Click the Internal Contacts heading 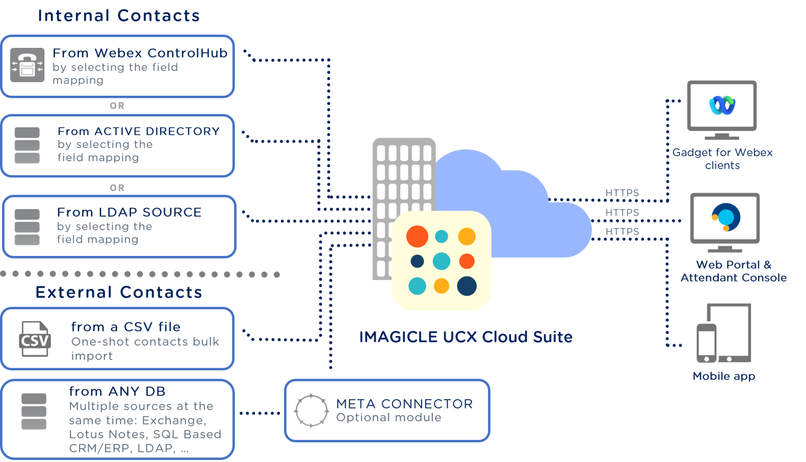[119, 16]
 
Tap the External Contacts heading [119, 292]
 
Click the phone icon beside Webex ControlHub [27, 65]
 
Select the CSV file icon [34, 339]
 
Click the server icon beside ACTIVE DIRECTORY [27, 146]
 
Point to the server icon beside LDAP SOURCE [27, 227]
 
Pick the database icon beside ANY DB [34, 412]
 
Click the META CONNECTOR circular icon [311, 411]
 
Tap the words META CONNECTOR [405, 404]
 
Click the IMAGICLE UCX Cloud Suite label [465, 337]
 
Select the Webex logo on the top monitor [722, 105]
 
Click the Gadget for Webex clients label [722, 159]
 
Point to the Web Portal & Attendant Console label [733, 271]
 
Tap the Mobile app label [724, 376]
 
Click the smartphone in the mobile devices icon [706, 344]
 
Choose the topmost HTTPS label [622, 193]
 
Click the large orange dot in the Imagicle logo [417, 236]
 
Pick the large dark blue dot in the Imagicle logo [467, 286]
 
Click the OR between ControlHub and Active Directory [117, 106]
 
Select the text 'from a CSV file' [126, 327]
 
